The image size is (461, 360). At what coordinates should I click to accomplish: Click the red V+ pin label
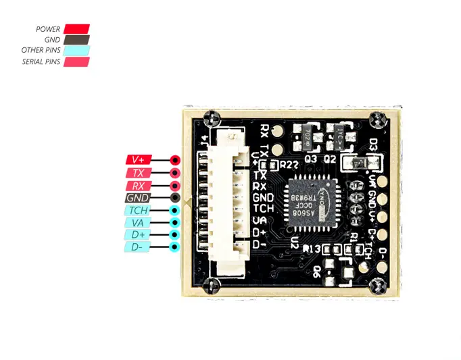[x=139, y=160]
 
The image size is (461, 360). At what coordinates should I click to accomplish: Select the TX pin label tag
[x=139, y=173]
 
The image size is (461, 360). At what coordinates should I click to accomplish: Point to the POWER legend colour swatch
[x=76, y=29]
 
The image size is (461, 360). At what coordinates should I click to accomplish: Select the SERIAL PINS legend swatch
[x=76, y=61]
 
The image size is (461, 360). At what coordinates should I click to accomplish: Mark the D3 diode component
[x=357, y=162]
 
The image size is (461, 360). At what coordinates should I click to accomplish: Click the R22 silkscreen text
[x=289, y=164]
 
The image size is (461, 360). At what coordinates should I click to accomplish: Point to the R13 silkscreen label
[x=312, y=249]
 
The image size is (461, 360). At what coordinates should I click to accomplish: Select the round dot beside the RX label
[x=175, y=185]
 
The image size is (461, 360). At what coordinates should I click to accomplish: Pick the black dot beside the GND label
[x=175, y=198]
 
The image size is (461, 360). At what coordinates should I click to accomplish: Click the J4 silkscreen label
[x=204, y=141]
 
